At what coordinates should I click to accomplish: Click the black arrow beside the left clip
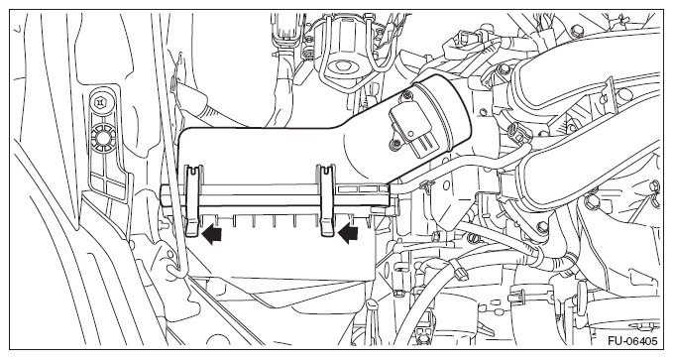click(x=212, y=235)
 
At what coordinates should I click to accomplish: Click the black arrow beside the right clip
click(x=348, y=235)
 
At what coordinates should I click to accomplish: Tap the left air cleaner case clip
click(x=192, y=200)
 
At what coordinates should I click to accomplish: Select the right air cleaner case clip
click(x=327, y=200)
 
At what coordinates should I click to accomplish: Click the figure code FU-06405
click(x=632, y=341)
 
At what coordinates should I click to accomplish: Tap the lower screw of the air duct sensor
click(x=393, y=146)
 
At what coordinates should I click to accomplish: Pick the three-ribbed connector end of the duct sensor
click(x=425, y=145)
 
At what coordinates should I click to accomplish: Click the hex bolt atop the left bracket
click(x=99, y=102)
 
